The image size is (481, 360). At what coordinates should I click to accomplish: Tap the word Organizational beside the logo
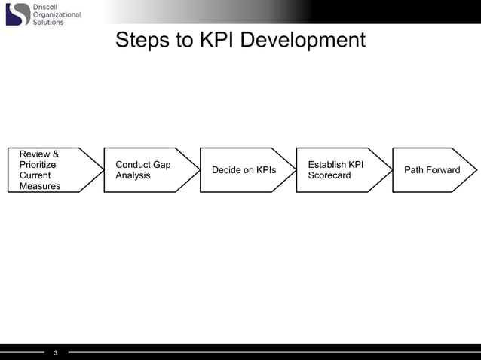pos(57,14)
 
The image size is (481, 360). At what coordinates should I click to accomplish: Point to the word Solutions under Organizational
pos(48,23)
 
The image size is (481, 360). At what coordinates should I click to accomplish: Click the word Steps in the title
pos(142,40)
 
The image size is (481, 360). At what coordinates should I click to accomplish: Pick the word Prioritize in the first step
pos(38,165)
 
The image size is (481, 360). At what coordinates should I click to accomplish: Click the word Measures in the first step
pos(40,186)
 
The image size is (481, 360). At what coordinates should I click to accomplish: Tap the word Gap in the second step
pos(161,165)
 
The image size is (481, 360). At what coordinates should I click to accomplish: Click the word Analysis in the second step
pos(133,175)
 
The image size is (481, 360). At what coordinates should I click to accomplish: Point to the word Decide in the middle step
pos(226,170)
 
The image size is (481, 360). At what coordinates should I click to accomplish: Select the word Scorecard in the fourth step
pos(329,175)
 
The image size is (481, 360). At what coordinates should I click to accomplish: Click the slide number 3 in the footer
pos(56,352)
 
